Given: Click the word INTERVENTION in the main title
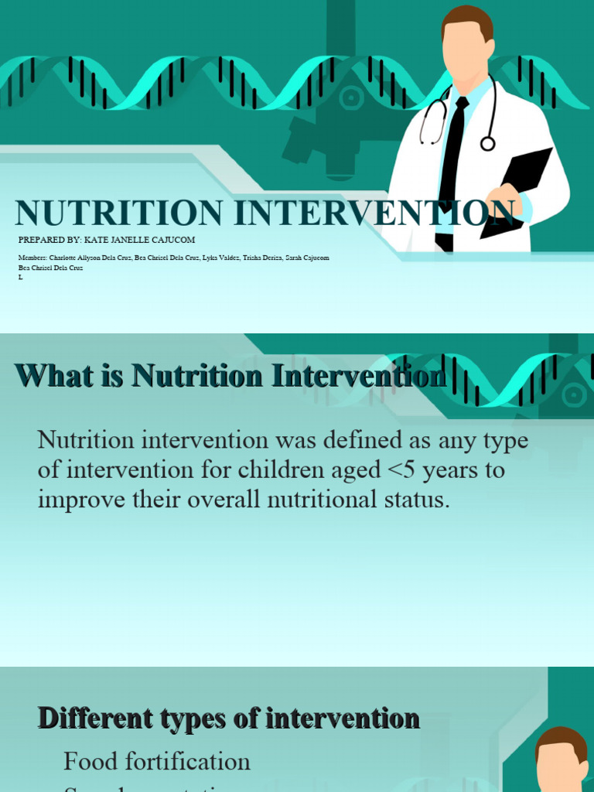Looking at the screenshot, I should tap(374, 213).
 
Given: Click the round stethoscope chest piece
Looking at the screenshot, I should tap(487, 143).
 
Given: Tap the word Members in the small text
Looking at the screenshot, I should tap(33, 258).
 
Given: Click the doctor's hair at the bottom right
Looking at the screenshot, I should tap(561, 739).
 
